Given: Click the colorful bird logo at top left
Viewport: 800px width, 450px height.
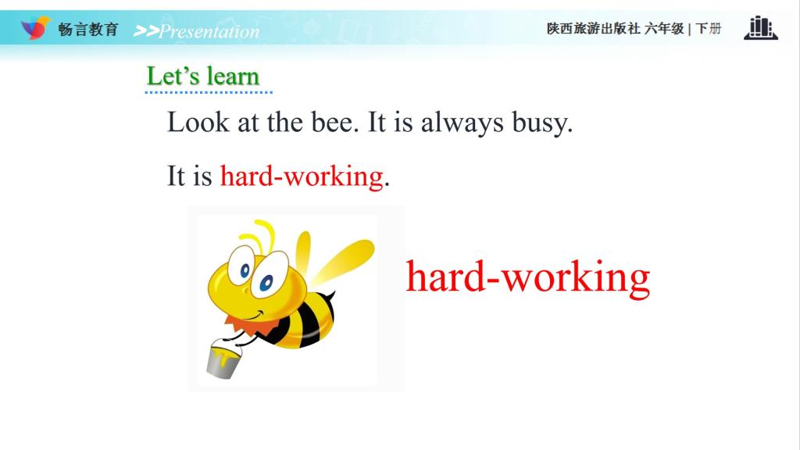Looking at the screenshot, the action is coord(35,27).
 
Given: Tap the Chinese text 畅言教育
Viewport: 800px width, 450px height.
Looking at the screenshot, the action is coord(88,30).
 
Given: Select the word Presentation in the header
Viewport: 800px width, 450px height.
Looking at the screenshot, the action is coord(209,31).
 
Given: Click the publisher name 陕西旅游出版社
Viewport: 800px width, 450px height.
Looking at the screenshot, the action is coord(594,29).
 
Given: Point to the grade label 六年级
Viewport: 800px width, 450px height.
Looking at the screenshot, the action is coord(664,29).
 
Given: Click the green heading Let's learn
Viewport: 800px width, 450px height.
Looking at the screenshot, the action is coord(203,76).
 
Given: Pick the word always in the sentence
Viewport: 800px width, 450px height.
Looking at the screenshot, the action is coord(462,123).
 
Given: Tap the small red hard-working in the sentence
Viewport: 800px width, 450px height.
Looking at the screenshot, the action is coord(302,177).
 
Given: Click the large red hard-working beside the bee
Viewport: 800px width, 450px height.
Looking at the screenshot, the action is coord(528,277).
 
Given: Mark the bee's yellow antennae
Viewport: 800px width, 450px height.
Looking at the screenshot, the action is coord(259,234).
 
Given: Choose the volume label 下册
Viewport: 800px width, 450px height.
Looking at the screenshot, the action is coord(709,29).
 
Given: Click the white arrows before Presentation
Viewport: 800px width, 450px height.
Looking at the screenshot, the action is coord(146,31).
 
